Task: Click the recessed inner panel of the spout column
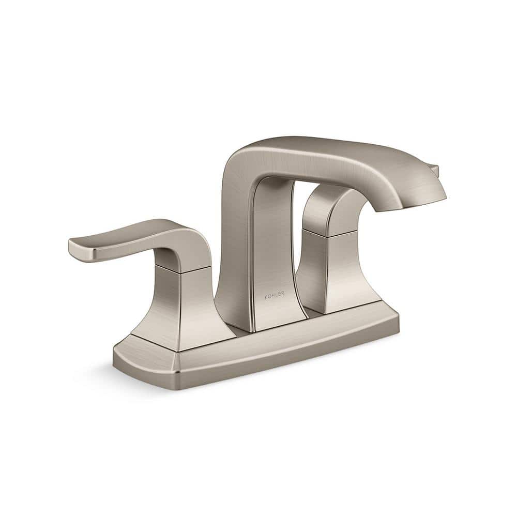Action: click(x=274, y=248)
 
